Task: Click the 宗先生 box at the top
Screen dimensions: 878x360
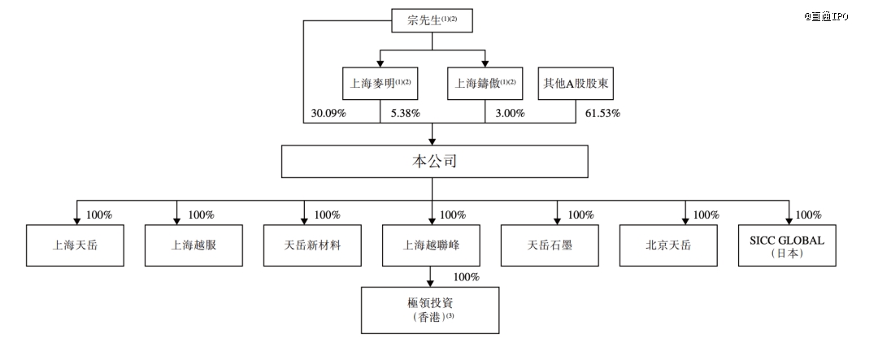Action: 432,20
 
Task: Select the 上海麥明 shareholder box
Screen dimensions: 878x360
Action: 380,84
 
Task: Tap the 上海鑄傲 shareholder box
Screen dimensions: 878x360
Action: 485,84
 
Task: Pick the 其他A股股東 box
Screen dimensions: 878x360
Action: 575,84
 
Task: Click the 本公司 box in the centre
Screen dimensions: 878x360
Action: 434,162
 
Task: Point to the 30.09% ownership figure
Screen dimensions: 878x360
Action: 328,113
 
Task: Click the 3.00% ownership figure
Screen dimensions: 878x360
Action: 510,113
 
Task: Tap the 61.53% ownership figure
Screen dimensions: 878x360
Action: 602,113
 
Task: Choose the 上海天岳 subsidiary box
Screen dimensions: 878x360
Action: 75,245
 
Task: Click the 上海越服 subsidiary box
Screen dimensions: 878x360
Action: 193,245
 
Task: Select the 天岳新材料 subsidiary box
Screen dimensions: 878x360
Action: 312,245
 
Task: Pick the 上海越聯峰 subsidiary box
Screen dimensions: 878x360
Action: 431,245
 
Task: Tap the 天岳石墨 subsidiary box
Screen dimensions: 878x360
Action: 550,245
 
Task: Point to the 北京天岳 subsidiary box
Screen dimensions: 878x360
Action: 668,245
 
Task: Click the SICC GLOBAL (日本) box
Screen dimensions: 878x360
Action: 787,245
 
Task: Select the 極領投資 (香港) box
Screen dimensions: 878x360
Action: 430,310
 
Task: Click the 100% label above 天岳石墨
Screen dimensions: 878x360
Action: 580,215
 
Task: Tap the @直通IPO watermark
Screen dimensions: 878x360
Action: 827,16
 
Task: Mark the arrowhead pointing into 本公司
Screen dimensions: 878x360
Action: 432,141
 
